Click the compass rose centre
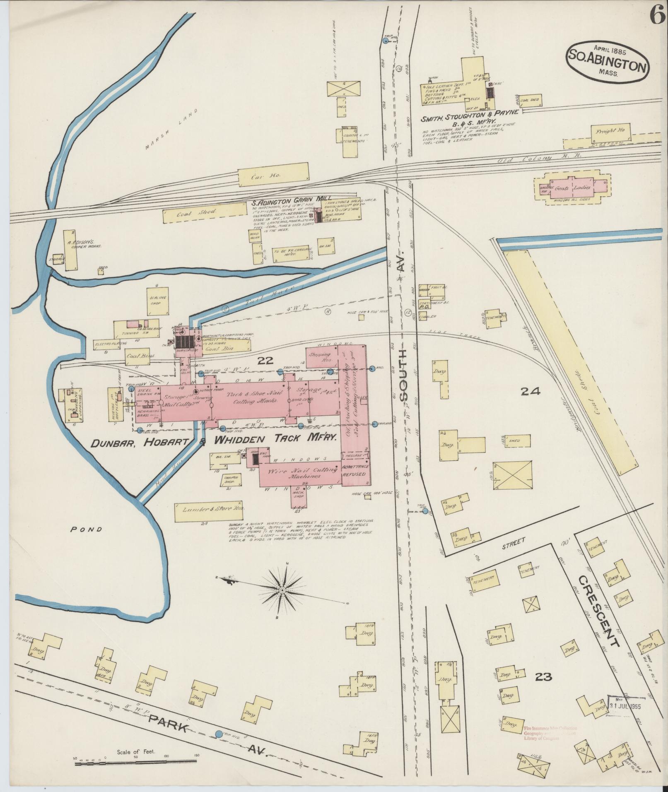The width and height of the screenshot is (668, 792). [x=282, y=590]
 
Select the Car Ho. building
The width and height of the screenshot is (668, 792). [x=273, y=176]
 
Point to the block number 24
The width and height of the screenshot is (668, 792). [x=531, y=391]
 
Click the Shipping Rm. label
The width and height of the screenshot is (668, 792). [x=321, y=357]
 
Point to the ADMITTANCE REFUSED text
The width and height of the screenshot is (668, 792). [x=355, y=470]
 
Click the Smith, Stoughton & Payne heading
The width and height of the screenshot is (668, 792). [x=469, y=118]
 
